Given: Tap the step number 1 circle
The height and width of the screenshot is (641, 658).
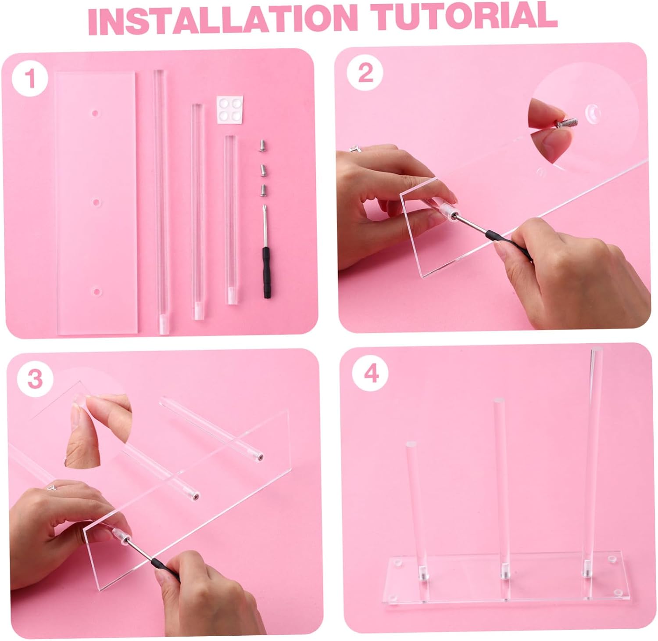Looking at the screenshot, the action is click(x=30, y=79).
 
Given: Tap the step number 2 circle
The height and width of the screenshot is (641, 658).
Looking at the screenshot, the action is click(x=365, y=72).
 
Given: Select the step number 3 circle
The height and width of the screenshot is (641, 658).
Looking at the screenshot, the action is click(x=35, y=378).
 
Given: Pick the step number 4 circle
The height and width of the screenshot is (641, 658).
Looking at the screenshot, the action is click(x=371, y=374).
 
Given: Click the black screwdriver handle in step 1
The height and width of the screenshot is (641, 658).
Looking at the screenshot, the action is click(x=266, y=272).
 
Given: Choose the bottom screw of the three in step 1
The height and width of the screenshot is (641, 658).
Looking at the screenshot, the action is click(x=263, y=189).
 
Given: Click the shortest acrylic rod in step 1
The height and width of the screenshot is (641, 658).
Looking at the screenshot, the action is click(x=230, y=220).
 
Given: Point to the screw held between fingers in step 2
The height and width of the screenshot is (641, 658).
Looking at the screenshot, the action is click(x=565, y=119).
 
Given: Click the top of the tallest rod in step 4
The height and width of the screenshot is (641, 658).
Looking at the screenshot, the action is click(x=596, y=352).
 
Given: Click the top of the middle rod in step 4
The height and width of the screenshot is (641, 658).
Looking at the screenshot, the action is click(x=499, y=402).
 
